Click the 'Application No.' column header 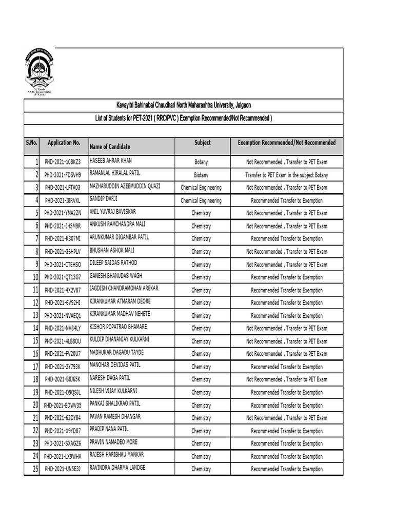[64, 143]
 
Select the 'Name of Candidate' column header [110, 147]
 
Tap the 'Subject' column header [202, 143]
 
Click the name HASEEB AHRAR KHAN [111, 160]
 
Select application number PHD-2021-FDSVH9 [63, 175]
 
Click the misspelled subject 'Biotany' [201, 175]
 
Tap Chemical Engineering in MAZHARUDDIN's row [201, 188]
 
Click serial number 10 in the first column [35, 277]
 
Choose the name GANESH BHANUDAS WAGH [116, 276]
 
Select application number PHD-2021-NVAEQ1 [63, 316]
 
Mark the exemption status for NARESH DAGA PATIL [286, 379]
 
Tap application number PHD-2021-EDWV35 [63, 406]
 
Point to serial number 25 [35, 469]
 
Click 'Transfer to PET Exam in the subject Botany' [286, 175]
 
